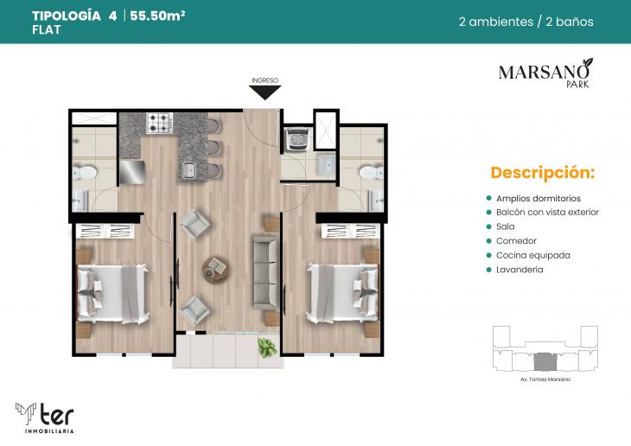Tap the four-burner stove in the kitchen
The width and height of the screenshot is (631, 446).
pyautogui.click(x=160, y=124)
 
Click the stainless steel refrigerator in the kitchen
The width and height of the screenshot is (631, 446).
pyautogui.click(x=131, y=171)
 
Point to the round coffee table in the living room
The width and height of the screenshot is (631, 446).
pyautogui.click(x=214, y=269)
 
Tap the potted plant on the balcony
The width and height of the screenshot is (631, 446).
pyautogui.click(x=268, y=347)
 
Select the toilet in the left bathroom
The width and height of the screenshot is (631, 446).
pyautogui.click(x=84, y=174)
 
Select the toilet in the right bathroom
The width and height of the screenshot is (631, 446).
pyautogui.click(x=369, y=173)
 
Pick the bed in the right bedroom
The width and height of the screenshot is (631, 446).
pyautogui.click(x=343, y=290)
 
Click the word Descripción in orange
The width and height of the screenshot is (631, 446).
pyautogui.click(x=542, y=172)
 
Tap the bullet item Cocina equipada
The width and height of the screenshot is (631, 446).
pyautogui.click(x=532, y=255)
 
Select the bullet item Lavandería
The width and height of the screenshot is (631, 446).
pyautogui.click(x=519, y=270)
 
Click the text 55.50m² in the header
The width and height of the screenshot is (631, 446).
pyautogui.click(x=159, y=16)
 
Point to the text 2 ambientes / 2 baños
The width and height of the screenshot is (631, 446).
pyautogui.click(x=526, y=22)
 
